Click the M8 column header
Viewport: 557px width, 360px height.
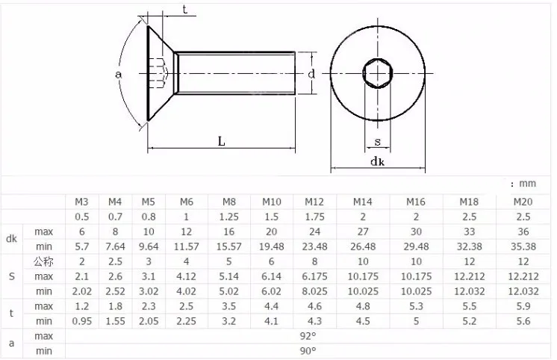click(228, 202)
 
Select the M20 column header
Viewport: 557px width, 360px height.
click(523, 202)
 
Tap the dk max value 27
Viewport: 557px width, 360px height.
click(363, 232)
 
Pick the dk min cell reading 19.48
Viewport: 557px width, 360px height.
click(271, 246)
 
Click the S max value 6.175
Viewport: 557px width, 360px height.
click(314, 276)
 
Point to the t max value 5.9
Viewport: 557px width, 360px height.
click(523, 306)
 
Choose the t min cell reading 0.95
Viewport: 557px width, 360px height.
click(81, 321)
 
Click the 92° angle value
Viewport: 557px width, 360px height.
click(308, 336)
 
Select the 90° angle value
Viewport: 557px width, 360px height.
click(308, 351)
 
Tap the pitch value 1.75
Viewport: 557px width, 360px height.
click(314, 217)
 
